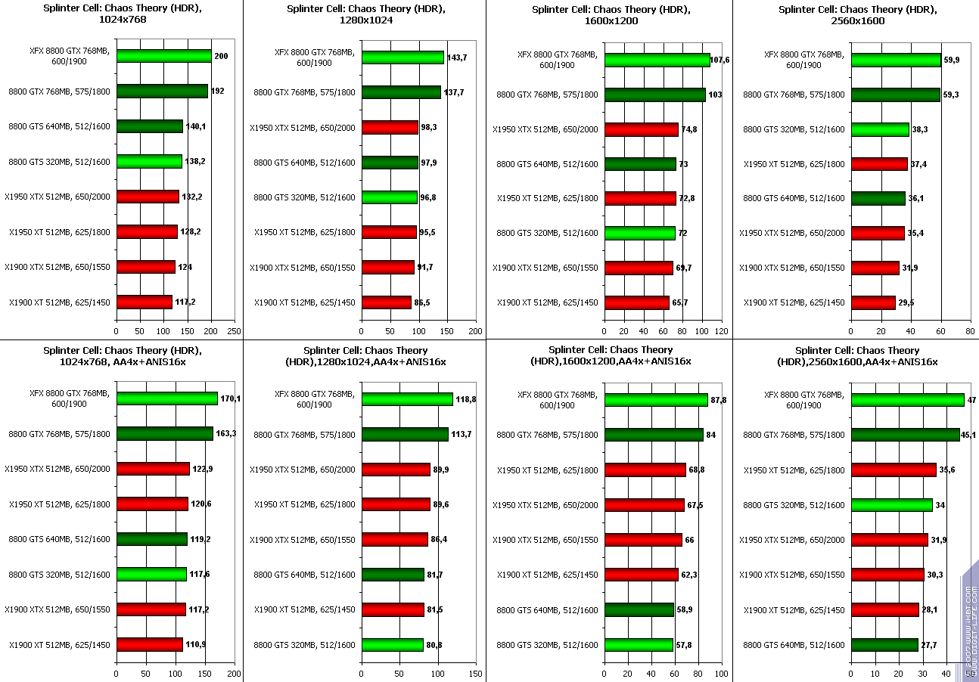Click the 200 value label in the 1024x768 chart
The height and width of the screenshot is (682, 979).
(221, 56)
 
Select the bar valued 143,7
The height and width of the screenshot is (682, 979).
(402, 57)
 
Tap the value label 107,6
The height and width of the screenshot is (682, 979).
(720, 59)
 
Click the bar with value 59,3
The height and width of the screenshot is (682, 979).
(896, 95)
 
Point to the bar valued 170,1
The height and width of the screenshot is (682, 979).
(166, 398)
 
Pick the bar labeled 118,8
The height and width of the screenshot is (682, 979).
(407, 399)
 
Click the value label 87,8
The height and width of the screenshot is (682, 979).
(718, 399)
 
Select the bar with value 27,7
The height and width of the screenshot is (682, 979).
(884, 645)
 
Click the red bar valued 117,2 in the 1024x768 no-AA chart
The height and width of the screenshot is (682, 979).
(144, 302)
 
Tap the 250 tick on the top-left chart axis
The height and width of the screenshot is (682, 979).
(235, 330)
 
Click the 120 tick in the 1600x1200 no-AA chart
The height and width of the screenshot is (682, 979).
(722, 330)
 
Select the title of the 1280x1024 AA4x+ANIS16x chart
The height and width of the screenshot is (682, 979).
(365, 356)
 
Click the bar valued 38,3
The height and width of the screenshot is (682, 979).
(880, 130)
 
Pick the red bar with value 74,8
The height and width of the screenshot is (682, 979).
(642, 129)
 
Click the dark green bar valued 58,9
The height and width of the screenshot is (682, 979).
(639, 609)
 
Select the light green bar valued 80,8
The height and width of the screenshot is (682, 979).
(392, 645)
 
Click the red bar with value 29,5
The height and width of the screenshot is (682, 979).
(873, 302)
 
